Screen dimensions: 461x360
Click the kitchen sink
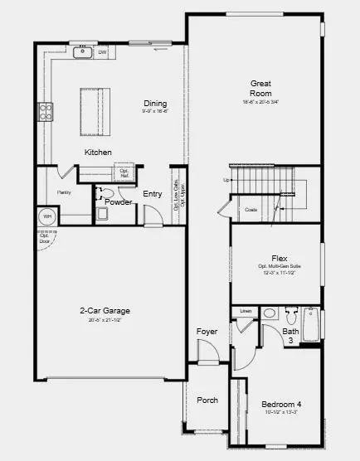[x=83, y=53]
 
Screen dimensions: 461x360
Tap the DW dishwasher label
[x=103, y=53]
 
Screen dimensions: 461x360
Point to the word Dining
[x=155, y=104]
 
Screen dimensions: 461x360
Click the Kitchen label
[x=98, y=153]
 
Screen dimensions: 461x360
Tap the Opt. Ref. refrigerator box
[x=124, y=174]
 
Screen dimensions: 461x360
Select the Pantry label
[x=64, y=192]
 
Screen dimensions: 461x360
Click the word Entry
[x=153, y=194]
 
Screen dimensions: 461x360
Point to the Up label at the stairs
[x=226, y=180]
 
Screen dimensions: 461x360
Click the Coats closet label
[x=251, y=210]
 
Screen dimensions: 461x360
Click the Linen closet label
[x=246, y=312]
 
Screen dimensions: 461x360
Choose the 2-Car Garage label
[x=105, y=311]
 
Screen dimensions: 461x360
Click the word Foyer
[x=207, y=332]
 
